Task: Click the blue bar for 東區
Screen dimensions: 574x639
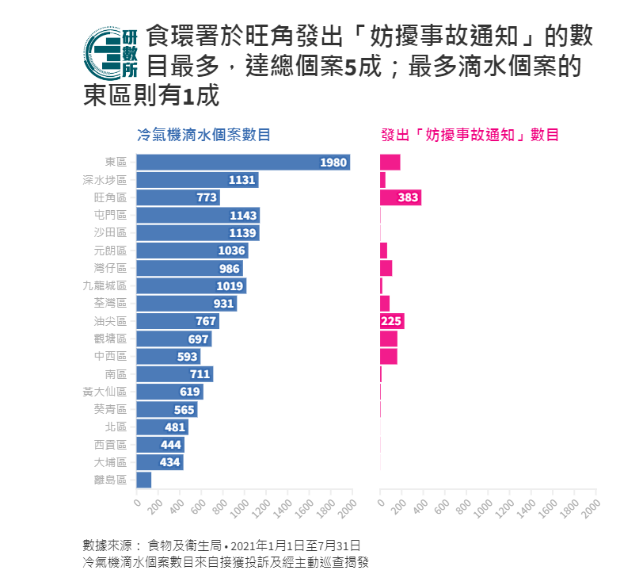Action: tap(243, 163)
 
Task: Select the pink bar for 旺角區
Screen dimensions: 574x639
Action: tap(400, 197)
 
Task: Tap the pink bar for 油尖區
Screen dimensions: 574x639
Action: tap(392, 321)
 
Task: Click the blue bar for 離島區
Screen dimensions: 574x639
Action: tap(144, 480)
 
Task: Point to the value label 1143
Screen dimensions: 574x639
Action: tap(243, 216)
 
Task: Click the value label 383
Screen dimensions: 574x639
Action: tap(408, 197)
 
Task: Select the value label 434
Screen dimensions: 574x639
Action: tap(171, 462)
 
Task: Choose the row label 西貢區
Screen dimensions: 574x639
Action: tap(110, 445)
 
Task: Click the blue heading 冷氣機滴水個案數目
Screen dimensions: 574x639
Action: tap(203, 135)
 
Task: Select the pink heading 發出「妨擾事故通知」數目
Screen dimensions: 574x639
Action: tap(470, 135)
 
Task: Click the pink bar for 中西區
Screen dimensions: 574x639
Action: tap(389, 356)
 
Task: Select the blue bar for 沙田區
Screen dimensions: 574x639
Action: tap(198, 233)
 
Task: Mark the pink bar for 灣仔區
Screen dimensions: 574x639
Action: tap(386, 268)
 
